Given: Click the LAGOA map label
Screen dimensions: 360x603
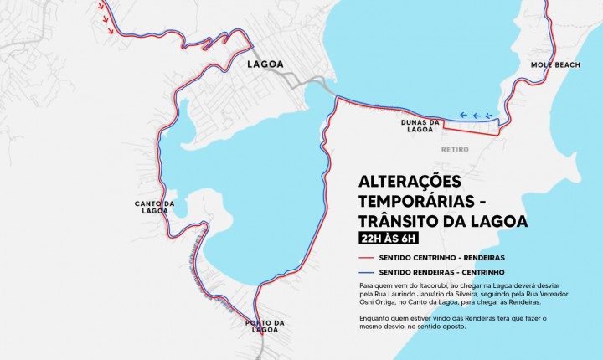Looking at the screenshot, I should [265, 64].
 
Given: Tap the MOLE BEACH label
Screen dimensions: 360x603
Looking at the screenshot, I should [550, 64].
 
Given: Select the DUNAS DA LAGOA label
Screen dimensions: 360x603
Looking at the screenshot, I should [420, 126].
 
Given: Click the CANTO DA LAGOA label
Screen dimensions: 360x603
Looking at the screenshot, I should [154, 207].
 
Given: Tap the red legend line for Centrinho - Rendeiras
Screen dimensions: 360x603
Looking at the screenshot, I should [365, 257].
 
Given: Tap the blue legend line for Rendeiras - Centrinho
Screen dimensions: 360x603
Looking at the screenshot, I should [365, 273].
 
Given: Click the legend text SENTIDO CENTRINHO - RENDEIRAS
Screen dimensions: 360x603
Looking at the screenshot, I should [441, 257].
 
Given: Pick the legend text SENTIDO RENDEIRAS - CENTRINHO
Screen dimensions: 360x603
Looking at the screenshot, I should [441, 273].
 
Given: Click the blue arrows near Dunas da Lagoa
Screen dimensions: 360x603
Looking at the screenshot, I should [476, 116].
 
